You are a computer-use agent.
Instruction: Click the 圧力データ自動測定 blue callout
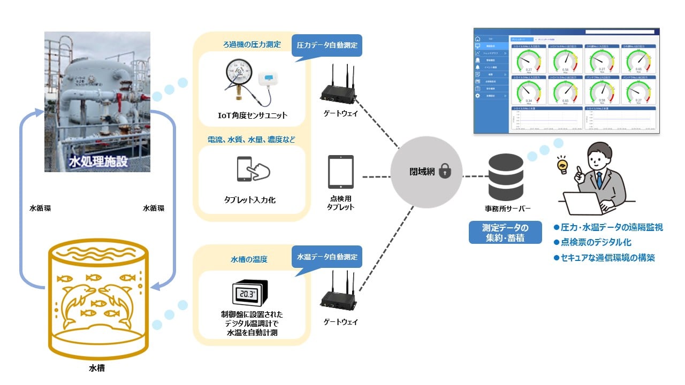(327, 45)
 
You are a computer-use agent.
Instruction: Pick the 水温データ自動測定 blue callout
(327, 257)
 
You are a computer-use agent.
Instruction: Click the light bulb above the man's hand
(562, 164)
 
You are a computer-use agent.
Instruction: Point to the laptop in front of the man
(584, 202)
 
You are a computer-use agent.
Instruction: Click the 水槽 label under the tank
(96, 368)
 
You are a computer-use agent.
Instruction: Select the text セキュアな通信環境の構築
(608, 258)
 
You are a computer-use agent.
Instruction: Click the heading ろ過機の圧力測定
(252, 44)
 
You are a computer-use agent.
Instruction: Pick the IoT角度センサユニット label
(252, 115)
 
